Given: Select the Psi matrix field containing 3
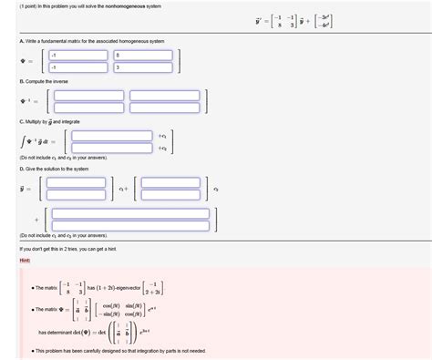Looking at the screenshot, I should tap(145, 67).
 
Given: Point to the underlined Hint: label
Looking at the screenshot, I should tap(25, 260).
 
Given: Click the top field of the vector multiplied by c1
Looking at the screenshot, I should tap(77, 182).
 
